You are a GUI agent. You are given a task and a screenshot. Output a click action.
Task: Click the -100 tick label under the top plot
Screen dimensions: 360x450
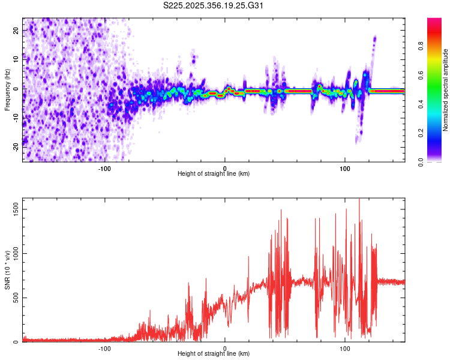point(104,167)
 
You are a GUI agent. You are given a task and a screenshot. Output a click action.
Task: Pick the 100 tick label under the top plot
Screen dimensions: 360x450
point(345,167)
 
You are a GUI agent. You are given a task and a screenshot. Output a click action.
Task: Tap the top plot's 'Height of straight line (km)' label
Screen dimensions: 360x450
point(214,174)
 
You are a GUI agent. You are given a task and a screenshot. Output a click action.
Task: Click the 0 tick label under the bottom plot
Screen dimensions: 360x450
point(225,347)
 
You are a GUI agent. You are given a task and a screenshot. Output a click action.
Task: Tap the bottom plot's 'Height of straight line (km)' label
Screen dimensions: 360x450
point(214,354)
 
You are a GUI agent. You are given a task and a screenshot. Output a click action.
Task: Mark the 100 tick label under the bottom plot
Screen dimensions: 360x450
point(345,347)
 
